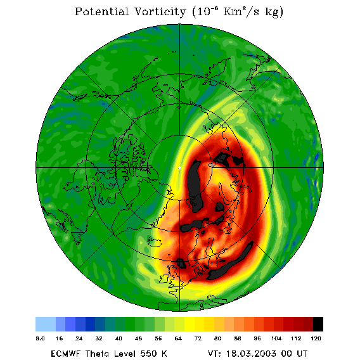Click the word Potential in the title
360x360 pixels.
(x=102, y=12)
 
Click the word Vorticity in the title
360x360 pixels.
(x=160, y=11)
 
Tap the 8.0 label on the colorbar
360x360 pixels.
(x=40, y=338)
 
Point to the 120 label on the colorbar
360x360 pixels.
(x=316, y=338)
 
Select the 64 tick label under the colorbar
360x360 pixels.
(x=178, y=338)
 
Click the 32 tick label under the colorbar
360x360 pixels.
(x=99, y=338)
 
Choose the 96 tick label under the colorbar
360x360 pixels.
(x=257, y=338)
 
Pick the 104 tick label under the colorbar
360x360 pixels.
(x=276, y=338)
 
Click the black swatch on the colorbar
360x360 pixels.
(x=318, y=324)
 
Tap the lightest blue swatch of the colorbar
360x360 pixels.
(x=46, y=324)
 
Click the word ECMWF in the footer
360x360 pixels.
(x=65, y=354)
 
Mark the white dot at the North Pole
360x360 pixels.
(x=179, y=168)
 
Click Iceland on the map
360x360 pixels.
(x=154, y=241)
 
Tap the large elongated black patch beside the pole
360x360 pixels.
(x=195, y=186)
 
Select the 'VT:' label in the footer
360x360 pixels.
(x=215, y=354)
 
